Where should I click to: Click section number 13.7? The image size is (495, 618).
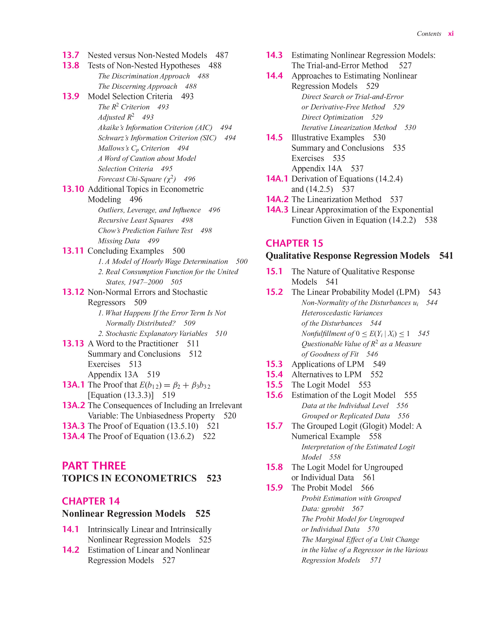(x=71, y=55)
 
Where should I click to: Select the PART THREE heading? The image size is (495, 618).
(x=94, y=466)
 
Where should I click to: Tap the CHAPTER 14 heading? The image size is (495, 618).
(x=91, y=501)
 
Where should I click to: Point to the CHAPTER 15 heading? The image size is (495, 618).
(x=294, y=243)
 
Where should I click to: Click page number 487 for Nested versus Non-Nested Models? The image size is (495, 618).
(x=222, y=55)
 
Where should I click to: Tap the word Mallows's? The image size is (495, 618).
(x=113, y=148)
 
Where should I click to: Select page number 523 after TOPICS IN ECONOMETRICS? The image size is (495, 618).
(x=214, y=478)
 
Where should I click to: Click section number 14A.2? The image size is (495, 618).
(x=277, y=199)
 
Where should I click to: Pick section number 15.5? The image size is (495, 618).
(x=274, y=385)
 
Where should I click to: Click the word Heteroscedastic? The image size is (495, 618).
(x=342, y=313)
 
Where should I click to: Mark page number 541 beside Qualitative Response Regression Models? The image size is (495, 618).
(x=446, y=255)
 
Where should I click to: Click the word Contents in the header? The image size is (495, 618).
(x=429, y=34)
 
